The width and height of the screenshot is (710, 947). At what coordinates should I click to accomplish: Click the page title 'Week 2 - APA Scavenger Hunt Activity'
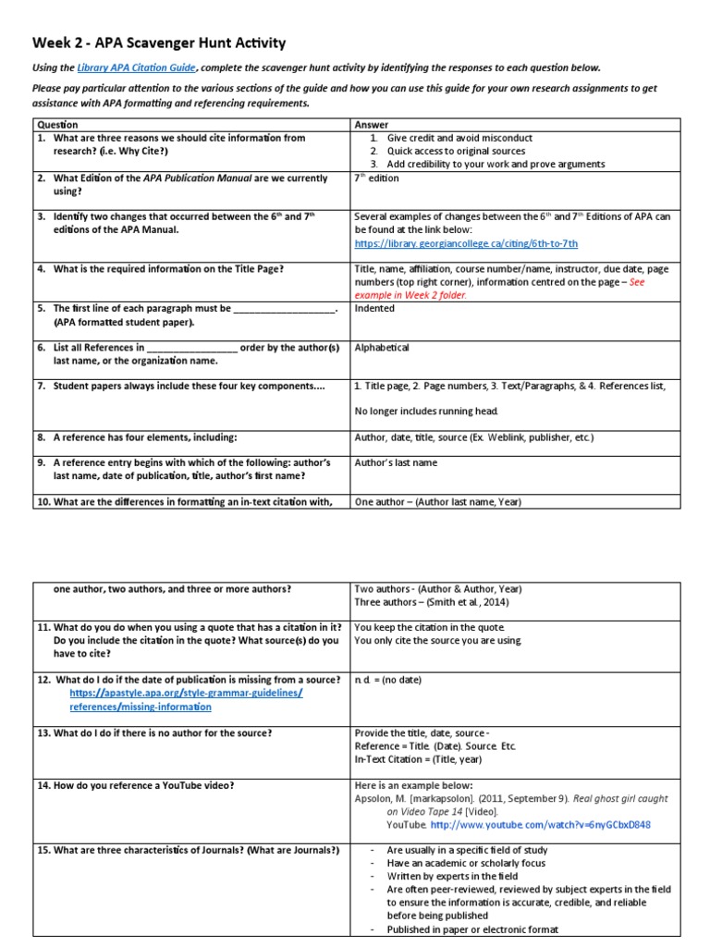tap(160, 43)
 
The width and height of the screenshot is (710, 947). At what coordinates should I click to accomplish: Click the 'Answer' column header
tap(372, 124)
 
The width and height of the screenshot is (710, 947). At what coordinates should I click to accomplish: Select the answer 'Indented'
tap(374, 308)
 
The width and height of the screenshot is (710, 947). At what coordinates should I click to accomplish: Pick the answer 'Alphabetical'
tap(382, 348)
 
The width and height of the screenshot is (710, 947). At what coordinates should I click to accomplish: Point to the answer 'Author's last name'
tap(396, 462)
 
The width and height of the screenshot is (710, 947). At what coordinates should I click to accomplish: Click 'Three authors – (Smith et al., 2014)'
tap(431, 601)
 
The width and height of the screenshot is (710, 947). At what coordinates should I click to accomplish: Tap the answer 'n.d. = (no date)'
tap(387, 680)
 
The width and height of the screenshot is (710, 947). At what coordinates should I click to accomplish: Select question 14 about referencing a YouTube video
tap(136, 785)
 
